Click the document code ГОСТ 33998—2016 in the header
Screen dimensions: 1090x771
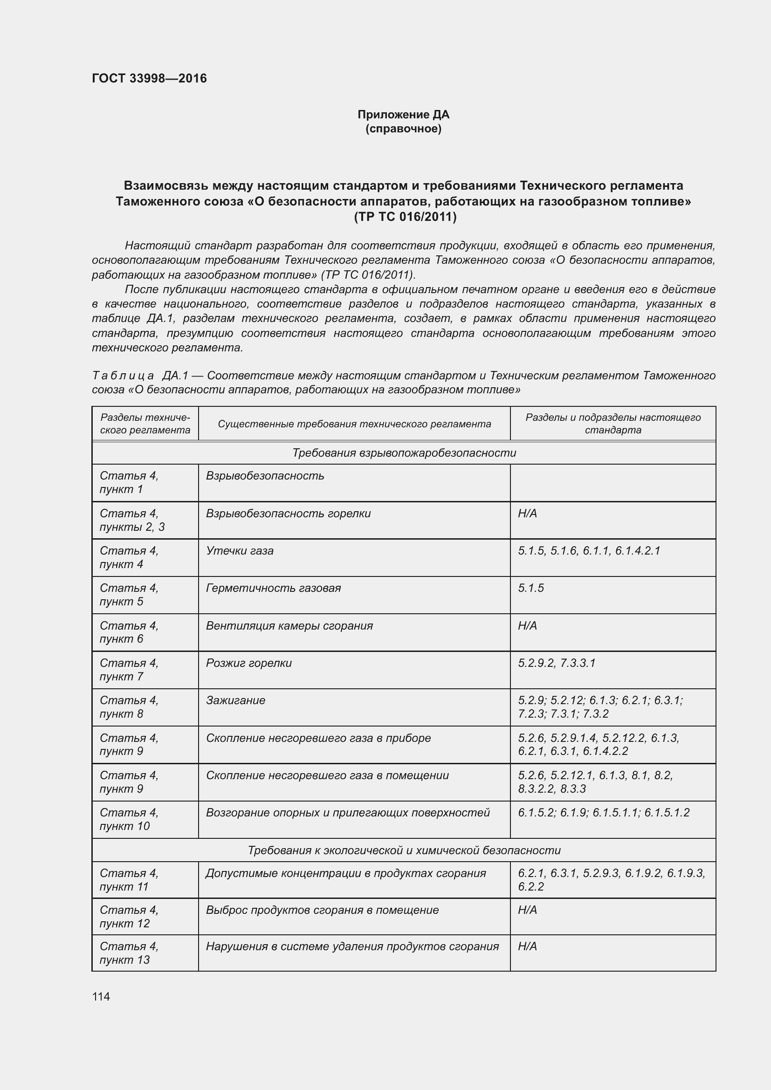point(149,78)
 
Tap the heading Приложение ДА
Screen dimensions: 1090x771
point(403,115)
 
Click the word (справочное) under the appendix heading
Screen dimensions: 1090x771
point(403,129)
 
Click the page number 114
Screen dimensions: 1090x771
point(101,996)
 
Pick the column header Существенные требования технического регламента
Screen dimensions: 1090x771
point(354,424)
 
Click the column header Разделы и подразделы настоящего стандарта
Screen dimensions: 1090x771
point(613,424)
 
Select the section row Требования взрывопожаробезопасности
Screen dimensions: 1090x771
point(404,453)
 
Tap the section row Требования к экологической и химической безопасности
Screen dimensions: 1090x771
point(404,850)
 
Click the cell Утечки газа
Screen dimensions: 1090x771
point(240,551)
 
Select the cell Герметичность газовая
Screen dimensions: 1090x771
point(274,588)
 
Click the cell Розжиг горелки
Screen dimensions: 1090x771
point(249,663)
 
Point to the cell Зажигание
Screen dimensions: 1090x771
point(235,700)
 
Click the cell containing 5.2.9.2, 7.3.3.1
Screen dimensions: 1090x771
point(557,663)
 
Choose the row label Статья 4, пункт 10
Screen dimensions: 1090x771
point(129,819)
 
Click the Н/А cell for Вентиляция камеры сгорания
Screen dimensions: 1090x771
point(528,626)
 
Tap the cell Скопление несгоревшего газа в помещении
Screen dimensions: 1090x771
point(327,775)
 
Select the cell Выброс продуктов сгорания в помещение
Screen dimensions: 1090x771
point(323,910)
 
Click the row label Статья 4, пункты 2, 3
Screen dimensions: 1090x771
point(132,521)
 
